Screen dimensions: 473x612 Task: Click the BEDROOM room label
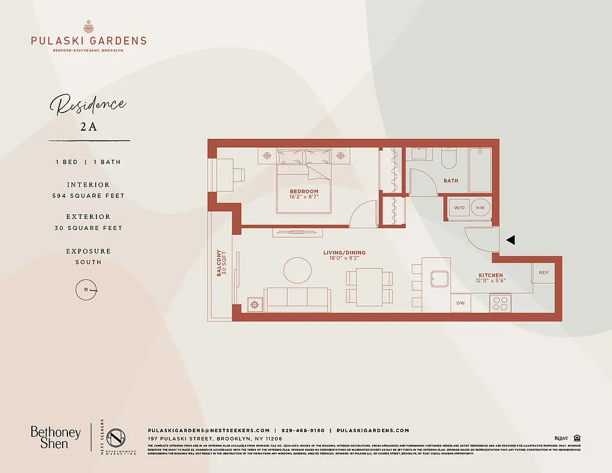[x=304, y=192]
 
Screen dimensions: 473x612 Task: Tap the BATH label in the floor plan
[x=451, y=181]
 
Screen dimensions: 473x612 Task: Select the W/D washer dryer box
[x=459, y=208]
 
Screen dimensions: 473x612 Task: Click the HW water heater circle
[x=480, y=208]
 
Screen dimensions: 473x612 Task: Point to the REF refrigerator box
[x=543, y=273]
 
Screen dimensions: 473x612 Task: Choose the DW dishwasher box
[x=460, y=303]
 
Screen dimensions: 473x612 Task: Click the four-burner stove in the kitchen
[x=500, y=303]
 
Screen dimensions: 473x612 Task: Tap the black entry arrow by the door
[x=511, y=240]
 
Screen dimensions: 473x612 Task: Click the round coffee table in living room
[x=297, y=270]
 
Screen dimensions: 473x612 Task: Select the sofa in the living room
[x=297, y=299]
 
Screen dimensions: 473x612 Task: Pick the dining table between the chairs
[x=370, y=287]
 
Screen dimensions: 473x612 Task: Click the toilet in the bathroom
[x=448, y=158]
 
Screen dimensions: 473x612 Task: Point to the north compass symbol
[x=86, y=290]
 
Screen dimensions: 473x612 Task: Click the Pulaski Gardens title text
[x=89, y=41]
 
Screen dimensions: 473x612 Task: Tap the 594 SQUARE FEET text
[x=89, y=196]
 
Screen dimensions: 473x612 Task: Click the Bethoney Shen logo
[x=56, y=438]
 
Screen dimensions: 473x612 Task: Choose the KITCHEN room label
[x=491, y=276]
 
